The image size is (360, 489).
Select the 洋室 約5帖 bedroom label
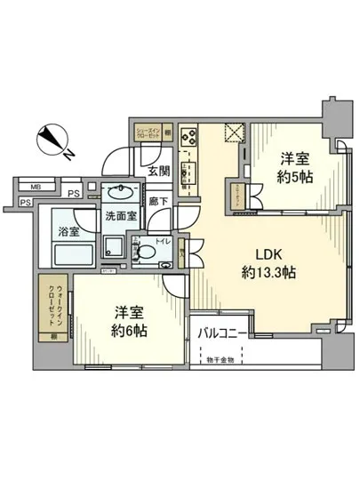(x=295, y=168)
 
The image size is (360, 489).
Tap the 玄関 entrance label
(x=158, y=171)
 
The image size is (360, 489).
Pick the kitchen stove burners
(x=189, y=138)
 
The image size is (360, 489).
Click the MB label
(x=36, y=188)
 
